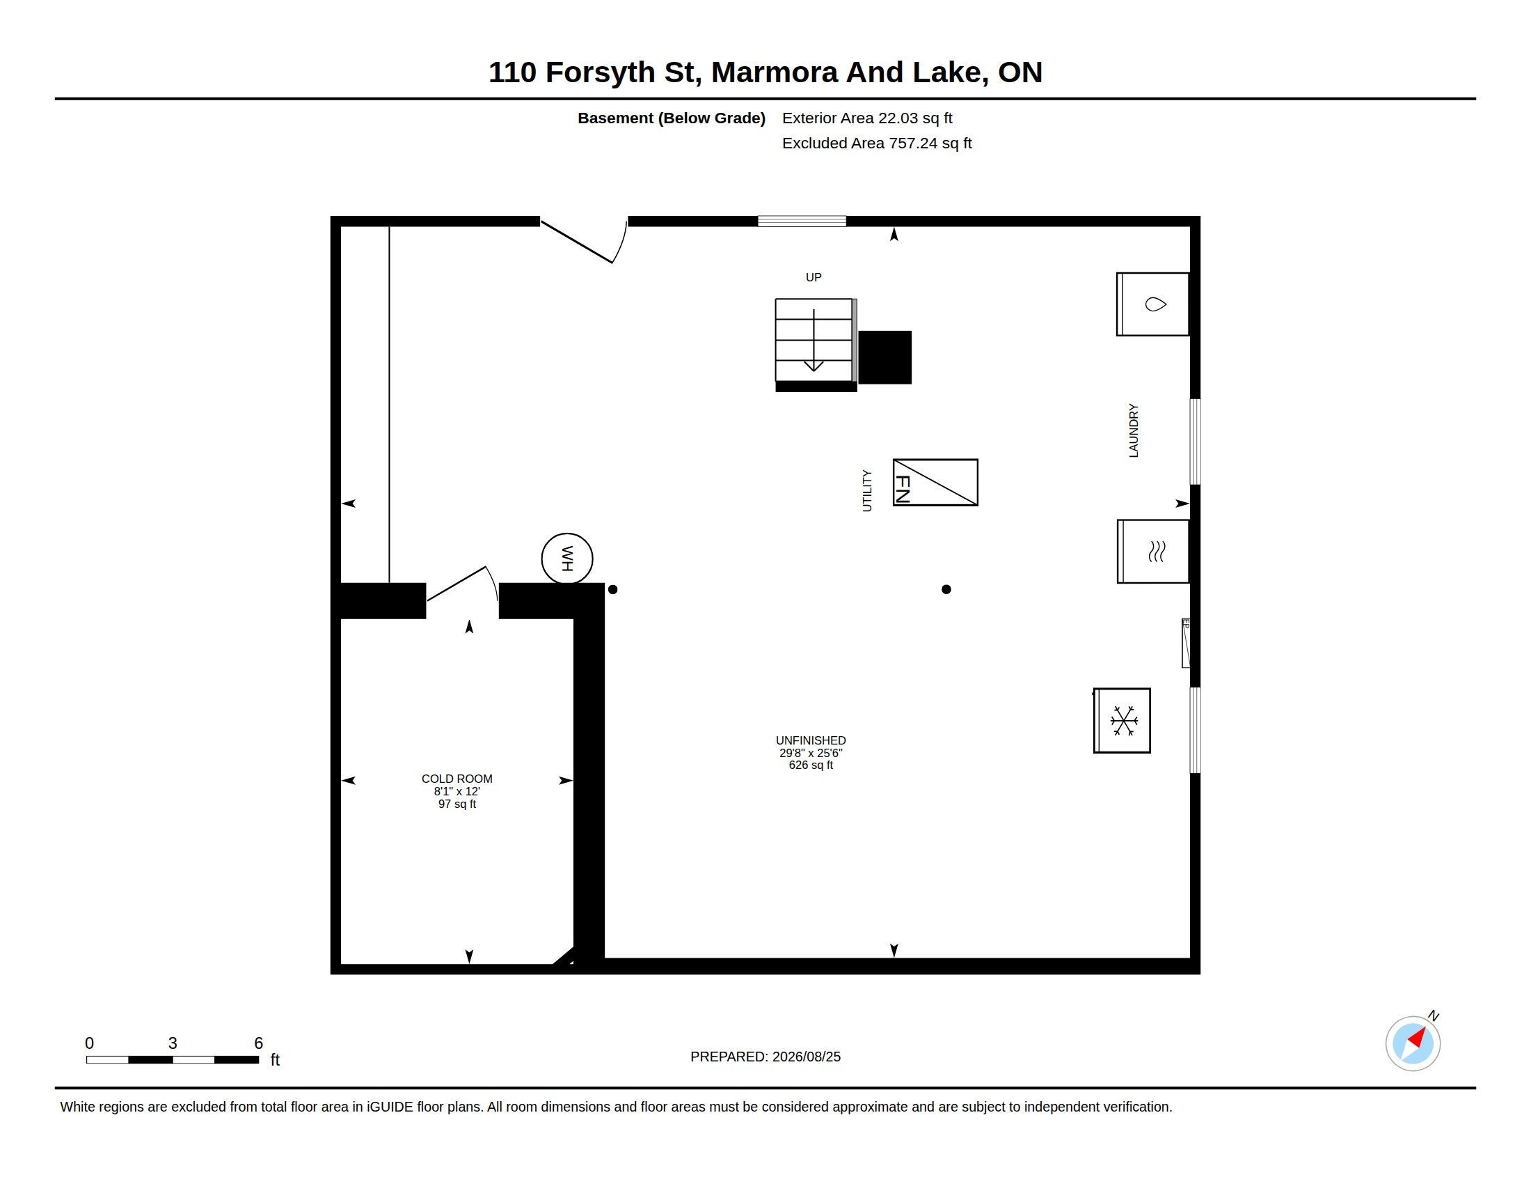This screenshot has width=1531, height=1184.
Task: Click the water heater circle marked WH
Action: [567, 559]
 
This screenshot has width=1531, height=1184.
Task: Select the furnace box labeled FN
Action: [935, 483]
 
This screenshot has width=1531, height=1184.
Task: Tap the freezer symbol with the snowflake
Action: [1122, 720]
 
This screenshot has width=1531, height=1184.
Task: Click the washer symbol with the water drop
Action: [1152, 304]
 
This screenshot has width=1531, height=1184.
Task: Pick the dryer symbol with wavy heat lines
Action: [1153, 552]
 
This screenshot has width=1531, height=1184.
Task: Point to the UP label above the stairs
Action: [813, 277]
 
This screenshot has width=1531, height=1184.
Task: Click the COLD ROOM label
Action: [457, 779]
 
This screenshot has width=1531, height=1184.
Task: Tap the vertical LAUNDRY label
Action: [1134, 430]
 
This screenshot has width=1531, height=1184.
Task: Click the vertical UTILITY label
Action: [867, 491]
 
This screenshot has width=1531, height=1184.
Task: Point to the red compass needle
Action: [1417, 1037]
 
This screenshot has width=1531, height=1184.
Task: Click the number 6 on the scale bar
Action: [258, 1043]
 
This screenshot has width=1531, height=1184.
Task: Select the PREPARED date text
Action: [765, 1057]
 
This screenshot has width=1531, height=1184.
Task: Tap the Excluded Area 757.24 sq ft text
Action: [876, 143]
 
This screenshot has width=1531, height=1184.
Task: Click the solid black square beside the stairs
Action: [885, 357]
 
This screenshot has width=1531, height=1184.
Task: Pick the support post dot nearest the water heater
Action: [612, 589]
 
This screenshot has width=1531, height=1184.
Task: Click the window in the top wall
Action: [801, 221]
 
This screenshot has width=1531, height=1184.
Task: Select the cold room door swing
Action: [463, 584]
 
